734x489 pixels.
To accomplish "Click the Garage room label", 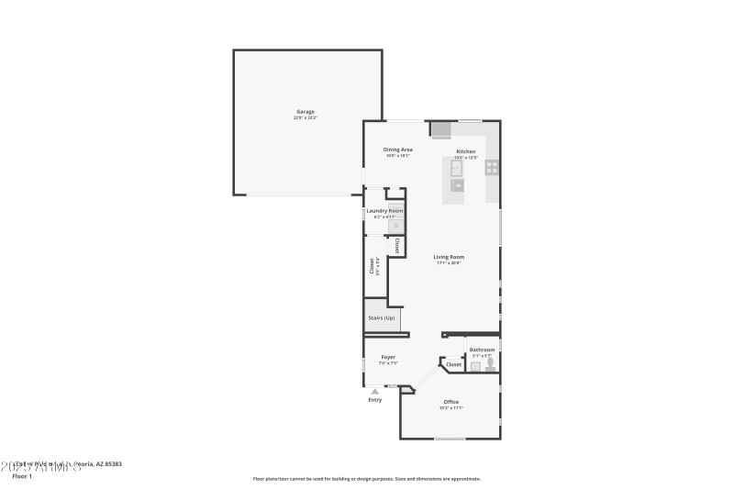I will [x=305, y=112].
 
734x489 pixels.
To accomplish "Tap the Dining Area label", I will [x=398, y=150].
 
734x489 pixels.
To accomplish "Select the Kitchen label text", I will [x=466, y=151].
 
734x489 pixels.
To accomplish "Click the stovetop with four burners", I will [x=492, y=167].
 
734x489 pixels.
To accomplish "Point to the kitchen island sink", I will [x=456, y=167].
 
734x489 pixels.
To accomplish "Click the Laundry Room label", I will [x=384, y=211].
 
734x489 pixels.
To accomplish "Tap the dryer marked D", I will [x=396, y=225].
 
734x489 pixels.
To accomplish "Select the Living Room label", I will [x=450, y=257].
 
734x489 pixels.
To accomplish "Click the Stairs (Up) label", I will [x=382, y=318].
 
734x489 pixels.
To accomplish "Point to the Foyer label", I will [x=388, y=357].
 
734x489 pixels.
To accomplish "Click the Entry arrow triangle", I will [x=374, y=391].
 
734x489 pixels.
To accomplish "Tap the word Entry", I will [x=374, y=400].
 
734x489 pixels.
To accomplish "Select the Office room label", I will [x=450, y=402].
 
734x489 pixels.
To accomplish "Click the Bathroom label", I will [x=483, y=350].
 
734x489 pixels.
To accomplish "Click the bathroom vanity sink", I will [x=475, y=366].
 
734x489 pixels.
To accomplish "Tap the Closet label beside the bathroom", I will [x=453, y=364].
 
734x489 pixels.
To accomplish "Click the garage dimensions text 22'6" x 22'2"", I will [x=305, y=118].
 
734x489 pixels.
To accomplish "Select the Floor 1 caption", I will [x=21, y=476].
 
